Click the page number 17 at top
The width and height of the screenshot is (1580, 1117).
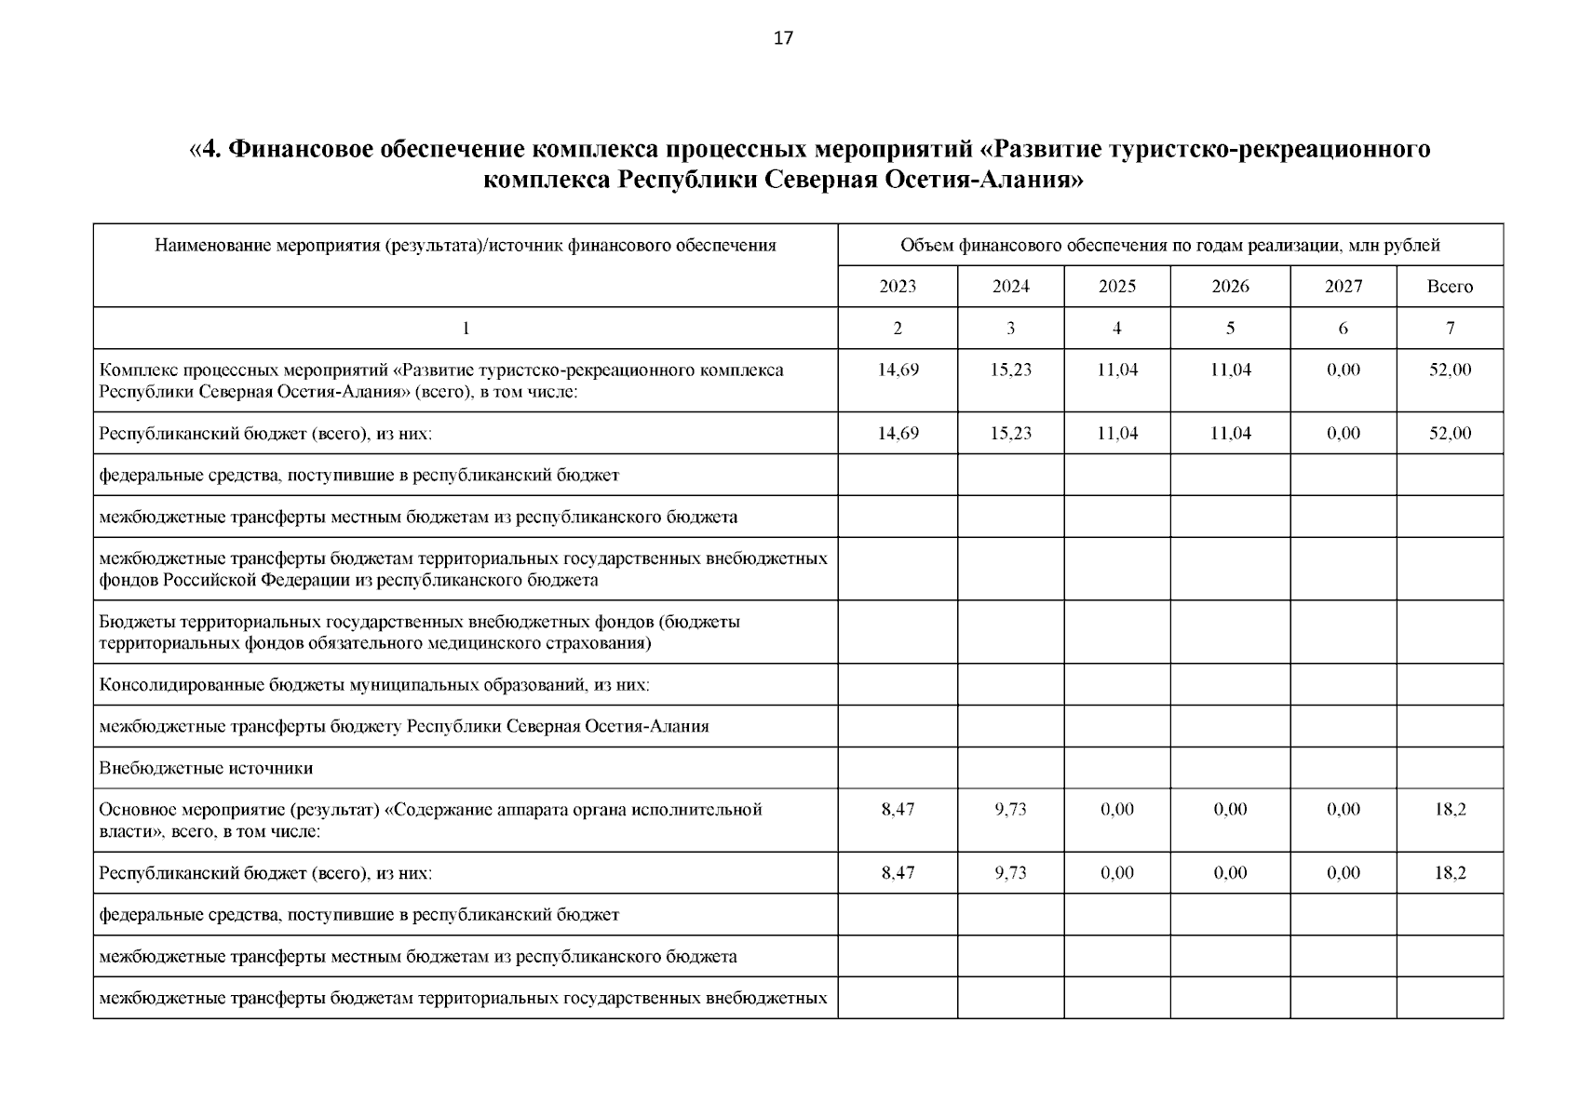pos(783,38)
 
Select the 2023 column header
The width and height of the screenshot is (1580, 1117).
pos(898,287)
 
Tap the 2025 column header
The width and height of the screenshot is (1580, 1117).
pos(1117,287)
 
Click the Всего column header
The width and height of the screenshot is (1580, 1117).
pos(1450,287)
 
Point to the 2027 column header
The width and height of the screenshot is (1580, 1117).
pos(1344,287)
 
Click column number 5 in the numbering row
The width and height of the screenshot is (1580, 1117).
pos(1230,329)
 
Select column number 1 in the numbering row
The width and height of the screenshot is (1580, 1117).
pos(466,329)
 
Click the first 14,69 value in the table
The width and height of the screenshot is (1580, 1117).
pos(898,370)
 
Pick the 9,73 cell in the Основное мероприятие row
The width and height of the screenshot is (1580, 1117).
pos(1010,810)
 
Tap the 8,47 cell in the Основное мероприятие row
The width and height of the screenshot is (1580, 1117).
pos(898,810)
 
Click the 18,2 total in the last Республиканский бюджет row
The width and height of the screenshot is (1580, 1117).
pos(1450,873)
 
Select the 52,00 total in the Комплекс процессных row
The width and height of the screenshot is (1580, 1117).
pos(1450,370)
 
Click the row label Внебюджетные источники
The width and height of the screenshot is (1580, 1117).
pos(206,769)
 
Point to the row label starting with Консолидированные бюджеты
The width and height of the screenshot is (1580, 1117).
pos(374,685)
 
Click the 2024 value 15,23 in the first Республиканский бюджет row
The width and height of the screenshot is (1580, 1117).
pos(1010,434)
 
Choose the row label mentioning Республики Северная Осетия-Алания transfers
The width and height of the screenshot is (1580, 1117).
pos(404,727)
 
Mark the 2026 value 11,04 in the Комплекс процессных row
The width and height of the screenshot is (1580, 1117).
pos(1230,370)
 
